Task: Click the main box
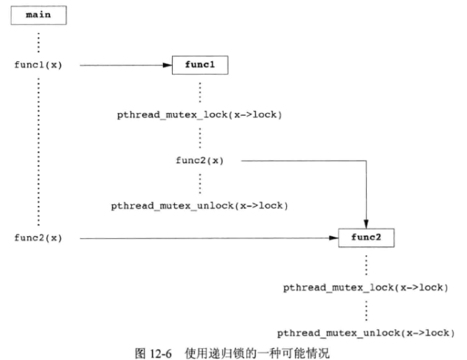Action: pyautogui.click(x=38, y=14)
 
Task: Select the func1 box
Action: pyautogui.click(x=200, y=65)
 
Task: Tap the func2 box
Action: pyautogui.click(x=366, y=238)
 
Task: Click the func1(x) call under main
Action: pyautogui.click(x=38, y=65)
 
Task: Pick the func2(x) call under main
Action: pyautogui.click(x=38, y=238)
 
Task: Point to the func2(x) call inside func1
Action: pyautogui.click(x=199, y=160)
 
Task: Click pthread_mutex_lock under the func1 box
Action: pyautogui.click(x=199, y=116)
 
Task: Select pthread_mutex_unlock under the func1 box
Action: pyautogui.click(x=199, y=204)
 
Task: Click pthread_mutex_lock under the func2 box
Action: pyautogui.click(x=365, y=288)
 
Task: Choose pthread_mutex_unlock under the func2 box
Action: pyautogui.click(x=365, y=333)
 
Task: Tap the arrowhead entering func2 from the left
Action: pyautogui.click(x=333, y=238)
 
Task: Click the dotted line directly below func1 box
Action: pyautogui.click(x=200, y=91)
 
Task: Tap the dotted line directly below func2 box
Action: pyautogui.click(x=366, y=263)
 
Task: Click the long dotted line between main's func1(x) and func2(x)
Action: pyautogui.click(x=38, y=151)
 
